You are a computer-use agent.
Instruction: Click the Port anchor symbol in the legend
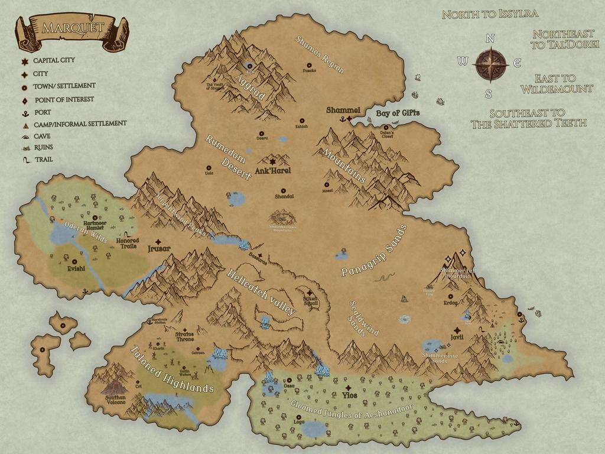click(25, 112)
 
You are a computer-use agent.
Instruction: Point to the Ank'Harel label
click(273, 171)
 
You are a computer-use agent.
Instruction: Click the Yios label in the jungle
click(349, 395)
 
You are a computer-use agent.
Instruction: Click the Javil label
click(457, 338)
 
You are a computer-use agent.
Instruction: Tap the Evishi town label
click(76, 268)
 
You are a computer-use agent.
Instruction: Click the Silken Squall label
click(310, 301)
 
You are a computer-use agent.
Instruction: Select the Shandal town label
click(284, 196)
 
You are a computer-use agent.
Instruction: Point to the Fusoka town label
click(310, 70)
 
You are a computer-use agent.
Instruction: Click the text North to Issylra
click(490, 14)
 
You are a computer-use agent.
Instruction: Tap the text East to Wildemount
click(555, 83)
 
